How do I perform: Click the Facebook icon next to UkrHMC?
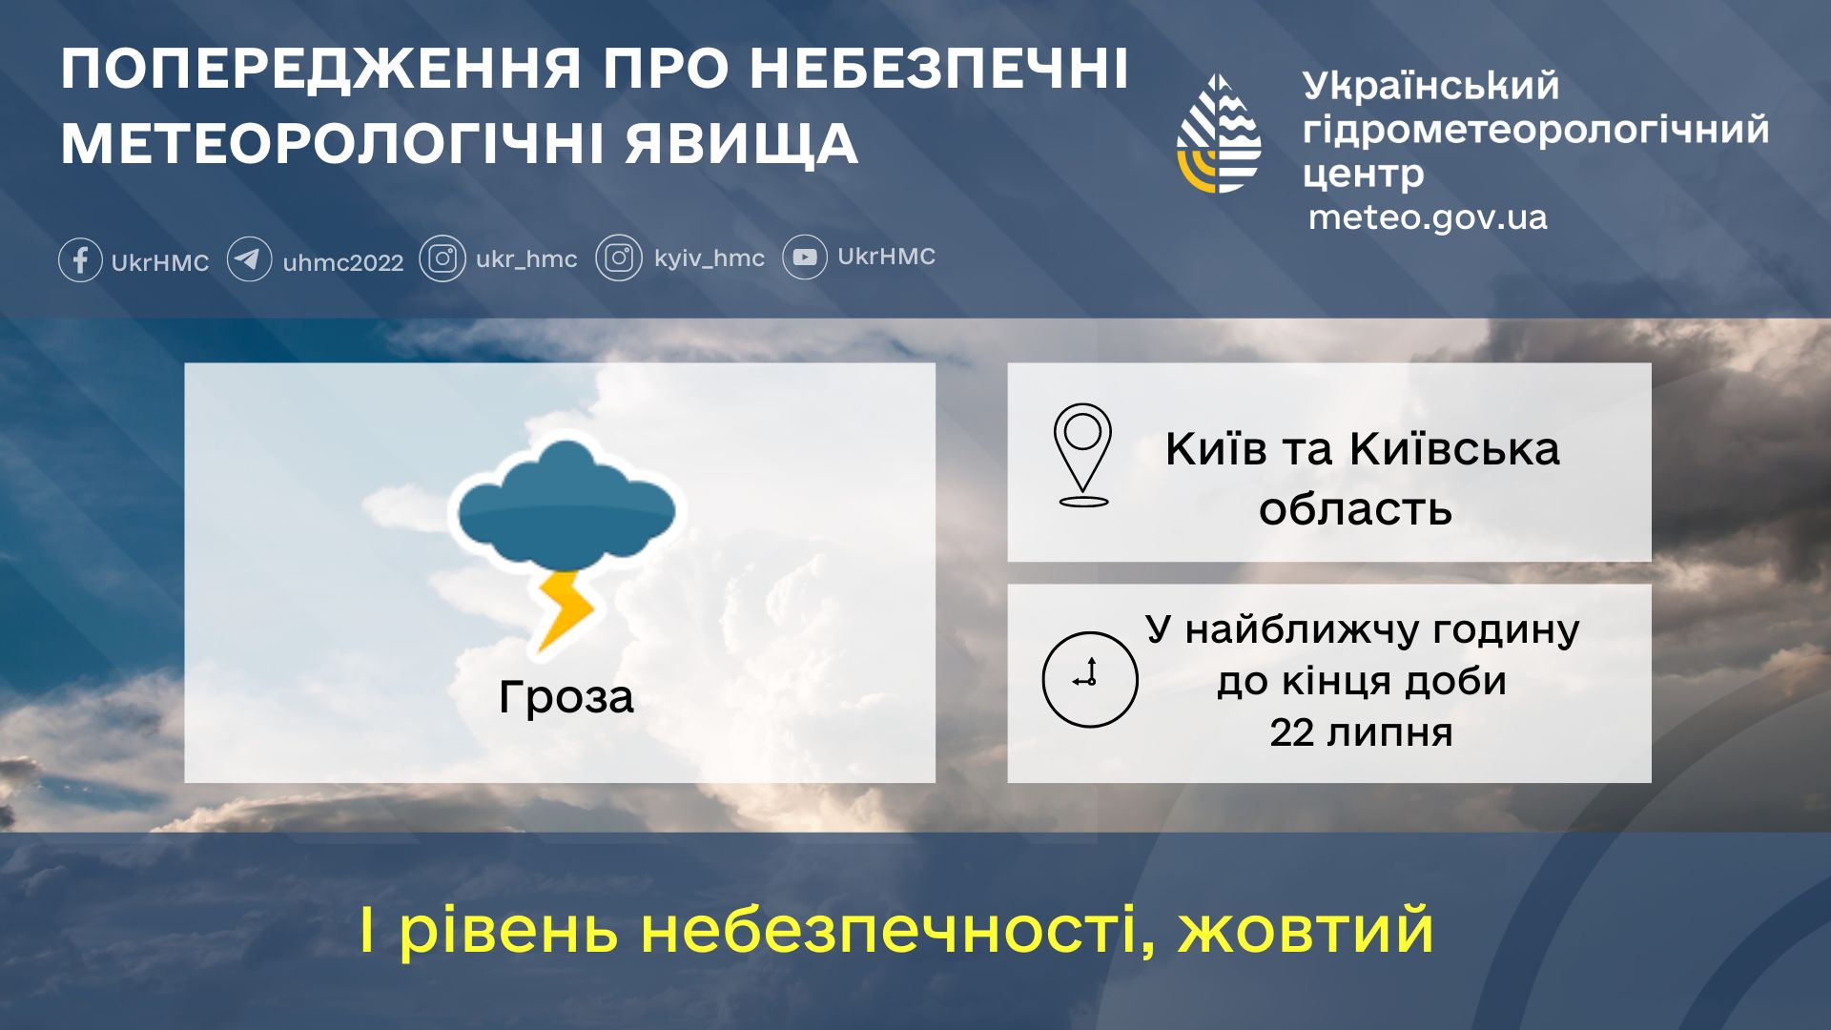(80, 259)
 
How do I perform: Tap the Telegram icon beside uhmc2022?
(249, 259)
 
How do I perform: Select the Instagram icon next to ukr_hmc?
(442, 259)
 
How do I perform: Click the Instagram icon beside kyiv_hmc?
(619, 258)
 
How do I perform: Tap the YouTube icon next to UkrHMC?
(805, 257)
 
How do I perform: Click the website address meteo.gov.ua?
(1428, 217)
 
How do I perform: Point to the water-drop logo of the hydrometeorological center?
(1219, 134)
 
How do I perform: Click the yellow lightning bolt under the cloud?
(566, 608)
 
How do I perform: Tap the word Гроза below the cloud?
(566, 697)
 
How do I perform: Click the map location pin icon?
(1082, 454)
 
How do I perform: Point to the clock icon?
(1089, 679)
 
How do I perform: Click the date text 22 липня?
(1361, 733)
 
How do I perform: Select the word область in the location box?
(1355, 509)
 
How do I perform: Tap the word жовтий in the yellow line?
(1306, 931)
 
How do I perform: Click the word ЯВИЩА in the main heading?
(742, 145)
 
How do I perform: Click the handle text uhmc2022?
(343, 262)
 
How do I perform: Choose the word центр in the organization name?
(1363, 175)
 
